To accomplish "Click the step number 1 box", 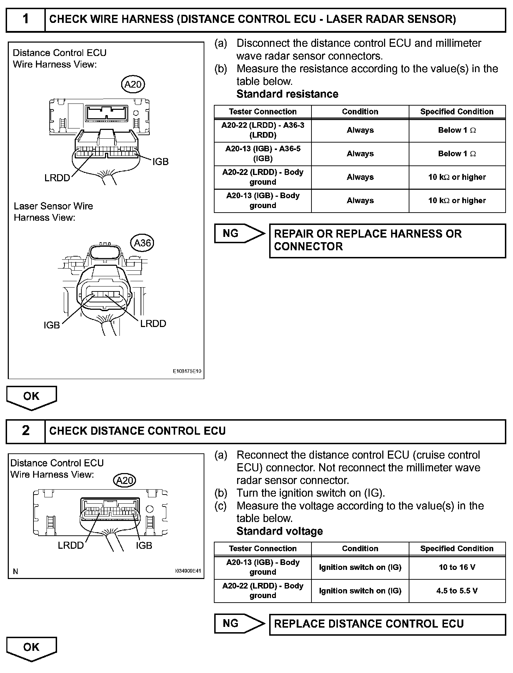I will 26,19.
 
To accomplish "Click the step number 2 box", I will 26,431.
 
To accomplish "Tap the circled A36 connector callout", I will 143,243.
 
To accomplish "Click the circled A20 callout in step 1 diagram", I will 133,84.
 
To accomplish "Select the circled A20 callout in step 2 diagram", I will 125,481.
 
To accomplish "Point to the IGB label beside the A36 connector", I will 52,325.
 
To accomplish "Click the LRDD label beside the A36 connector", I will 153,324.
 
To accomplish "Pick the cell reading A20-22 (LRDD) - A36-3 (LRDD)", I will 263,130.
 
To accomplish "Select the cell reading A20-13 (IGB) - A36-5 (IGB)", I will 263,153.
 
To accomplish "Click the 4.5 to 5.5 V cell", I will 457,591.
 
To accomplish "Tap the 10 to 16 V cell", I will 457,567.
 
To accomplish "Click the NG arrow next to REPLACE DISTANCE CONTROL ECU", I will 239,623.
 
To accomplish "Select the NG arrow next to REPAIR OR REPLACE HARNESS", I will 239,233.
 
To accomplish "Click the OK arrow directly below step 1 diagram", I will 31,397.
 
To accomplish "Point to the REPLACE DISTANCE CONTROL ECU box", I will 387,624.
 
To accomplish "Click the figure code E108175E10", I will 187,371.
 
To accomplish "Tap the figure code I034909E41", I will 188,571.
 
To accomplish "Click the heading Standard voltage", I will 279,531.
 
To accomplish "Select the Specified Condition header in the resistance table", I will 457,112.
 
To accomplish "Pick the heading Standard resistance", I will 287,94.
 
